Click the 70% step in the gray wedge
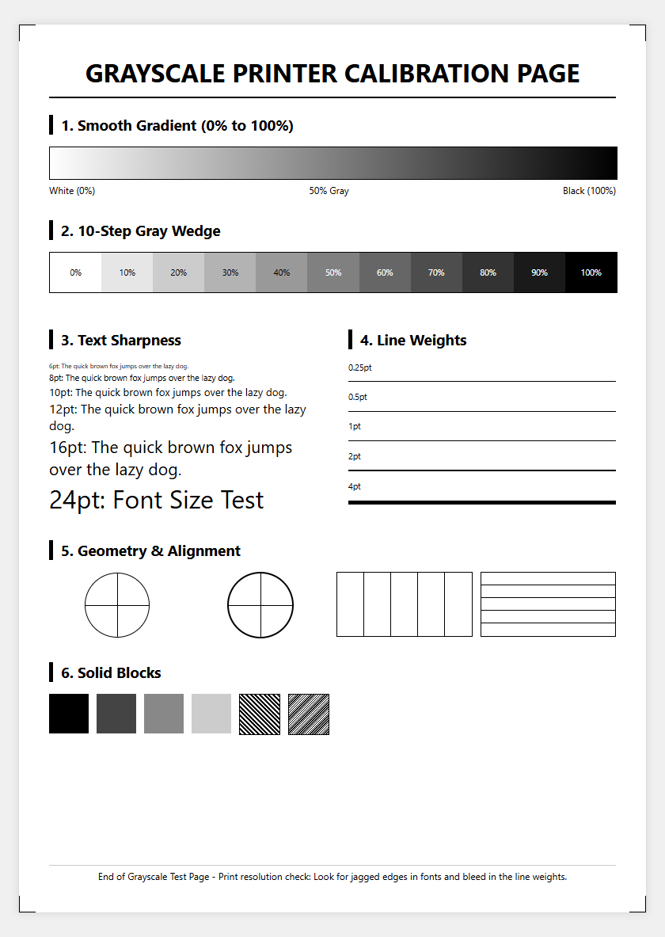(x=436, y=272)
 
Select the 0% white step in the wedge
(x=75, y=272)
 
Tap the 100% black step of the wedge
(x=591, y=272)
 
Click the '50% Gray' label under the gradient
(x=329, y=191)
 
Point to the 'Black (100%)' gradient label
(x=589, y=191)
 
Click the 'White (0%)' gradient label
(x=72, y=191)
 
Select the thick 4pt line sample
(x=481, y=503)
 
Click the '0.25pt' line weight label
(x=359, y=368)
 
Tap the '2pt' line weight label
(x=355, y=456)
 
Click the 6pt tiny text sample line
(x=119, y=366)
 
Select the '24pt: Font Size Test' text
(x=156, y=500)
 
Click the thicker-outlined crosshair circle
(x=260, y=573)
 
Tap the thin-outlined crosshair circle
(x=117, y=573)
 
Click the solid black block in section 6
(x=69, y=714)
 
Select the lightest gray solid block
(x=211, y=714)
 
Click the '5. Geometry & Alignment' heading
(x=150, y=551)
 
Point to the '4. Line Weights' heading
(x=413, y=340)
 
